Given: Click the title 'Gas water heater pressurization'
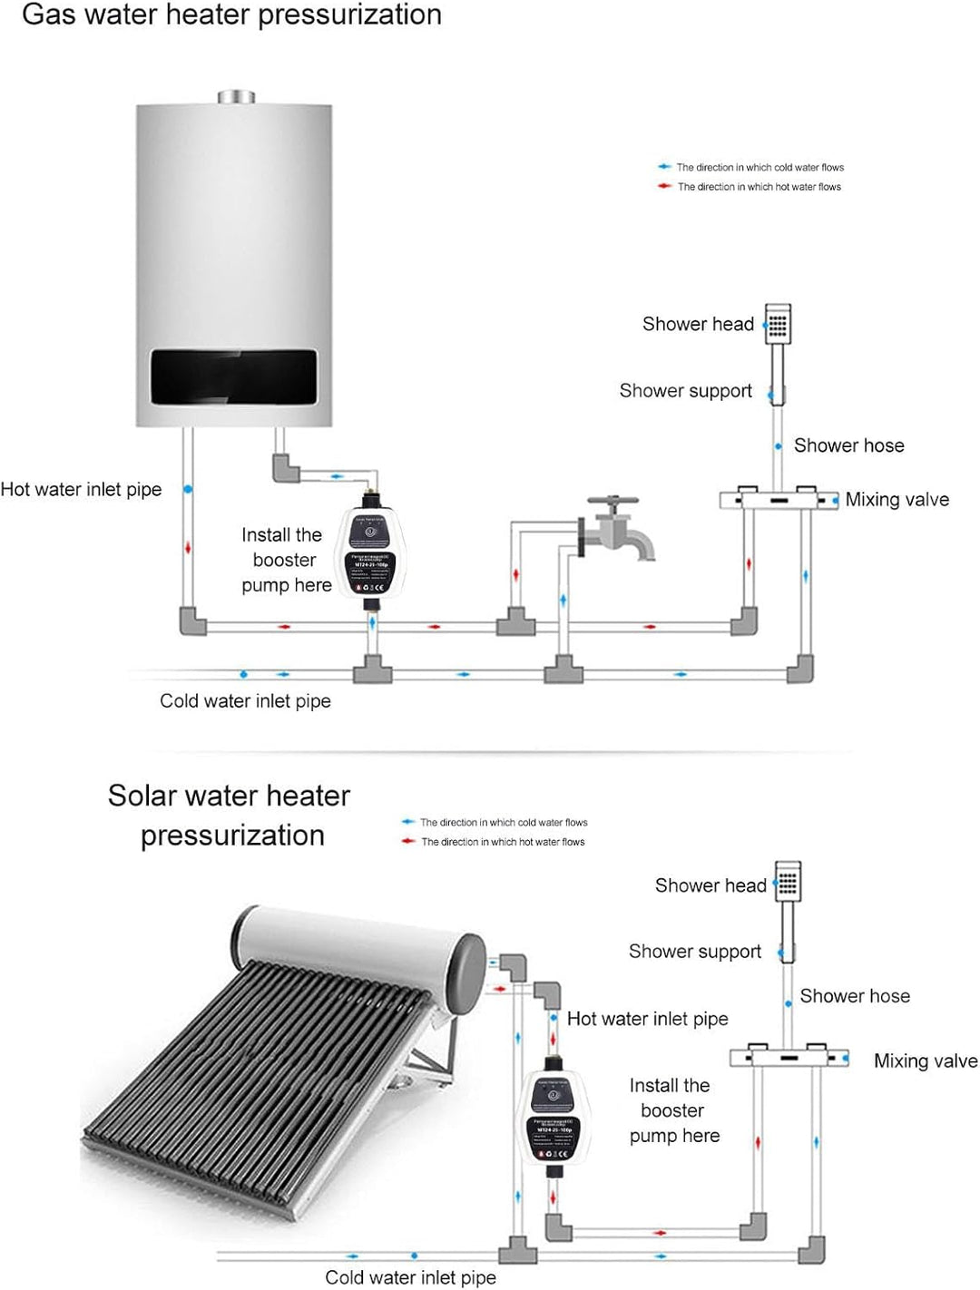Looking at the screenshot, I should tap(231, 15).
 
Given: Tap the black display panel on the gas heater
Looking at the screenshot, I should tap(233, 376).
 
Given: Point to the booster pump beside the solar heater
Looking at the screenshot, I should tap(553, 1117).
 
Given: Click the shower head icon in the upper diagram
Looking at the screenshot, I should tap(778, 324).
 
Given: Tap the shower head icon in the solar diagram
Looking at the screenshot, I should tap(788, 882).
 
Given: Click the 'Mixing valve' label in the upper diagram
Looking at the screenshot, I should tap(897, 500).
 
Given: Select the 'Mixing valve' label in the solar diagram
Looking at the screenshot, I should tap(925, 1061).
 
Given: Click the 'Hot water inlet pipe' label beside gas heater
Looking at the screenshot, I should tap(81, 490).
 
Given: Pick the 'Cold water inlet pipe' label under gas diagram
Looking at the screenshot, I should tap(245, 701).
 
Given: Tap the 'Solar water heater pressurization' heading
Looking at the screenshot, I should tap(230, 816).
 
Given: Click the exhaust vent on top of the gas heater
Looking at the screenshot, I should tap(236, 97).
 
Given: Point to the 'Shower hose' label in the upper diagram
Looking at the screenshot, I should tap(848, 445).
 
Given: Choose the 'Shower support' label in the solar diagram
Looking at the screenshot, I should tap(694, 952).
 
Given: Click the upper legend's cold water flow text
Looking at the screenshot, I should tap(759, 168).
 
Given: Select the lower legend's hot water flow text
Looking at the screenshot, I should tap(503, 843).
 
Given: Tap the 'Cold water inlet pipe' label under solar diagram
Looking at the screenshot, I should tap(410, 1277).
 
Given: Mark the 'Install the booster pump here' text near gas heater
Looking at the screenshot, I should tap(285, 561).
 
